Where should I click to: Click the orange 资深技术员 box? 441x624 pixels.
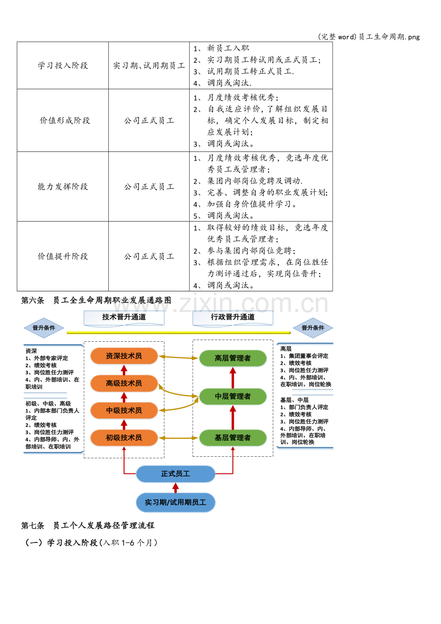(x=124, y=356)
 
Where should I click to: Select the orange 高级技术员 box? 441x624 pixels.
(x=124, y=383)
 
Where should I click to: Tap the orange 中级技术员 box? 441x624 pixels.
(x=124, y=410)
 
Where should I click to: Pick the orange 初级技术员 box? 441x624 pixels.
(x=124, y=438)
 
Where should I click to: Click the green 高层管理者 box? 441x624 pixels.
(x=232, y=358)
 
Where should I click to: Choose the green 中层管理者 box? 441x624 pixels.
(x=232, y=396)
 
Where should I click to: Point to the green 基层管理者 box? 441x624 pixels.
(x=232, y=438)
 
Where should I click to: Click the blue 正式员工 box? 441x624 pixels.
(x=175, y=474)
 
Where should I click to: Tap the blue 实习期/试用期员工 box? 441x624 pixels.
(x=175, y=502)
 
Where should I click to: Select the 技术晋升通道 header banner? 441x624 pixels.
(x=124, y=318)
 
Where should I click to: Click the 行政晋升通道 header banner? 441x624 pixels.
(x=232, y=318)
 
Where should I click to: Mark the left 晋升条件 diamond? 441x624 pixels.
(x=44, y=328)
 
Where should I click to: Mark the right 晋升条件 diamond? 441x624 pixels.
(x=313, y=328)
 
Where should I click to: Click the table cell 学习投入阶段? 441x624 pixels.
(x=63, y=66)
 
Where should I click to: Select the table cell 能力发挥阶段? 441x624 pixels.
(x=63, y=186)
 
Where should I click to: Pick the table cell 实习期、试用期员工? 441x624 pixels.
(x=149, y=66)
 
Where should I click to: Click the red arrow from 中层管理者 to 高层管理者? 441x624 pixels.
(x=233, y=378)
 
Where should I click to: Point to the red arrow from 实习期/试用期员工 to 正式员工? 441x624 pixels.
(x=175, y=487)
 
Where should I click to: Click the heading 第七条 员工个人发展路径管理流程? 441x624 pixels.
(x=88, y=525)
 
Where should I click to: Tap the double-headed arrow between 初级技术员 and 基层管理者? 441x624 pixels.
(x=179, y=438)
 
